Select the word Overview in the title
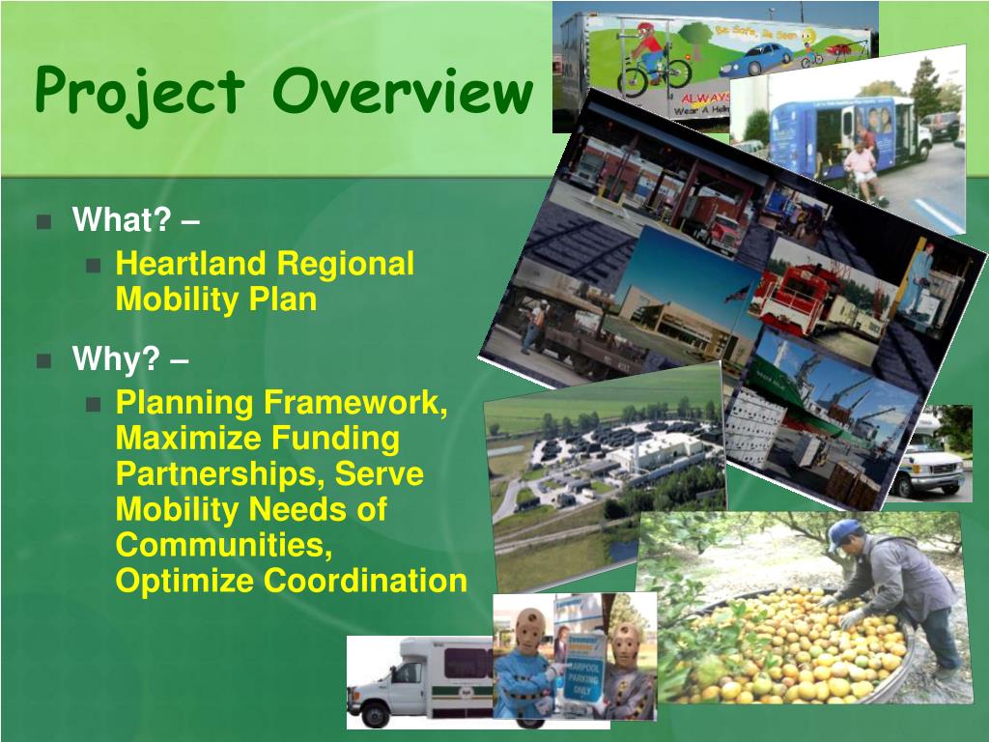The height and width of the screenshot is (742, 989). pyautogui.click(x=403, y=92)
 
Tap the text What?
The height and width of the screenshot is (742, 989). pyautogui.click(x=121, y=220)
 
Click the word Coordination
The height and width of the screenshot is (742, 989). pyautogui.click(x=365, y=582)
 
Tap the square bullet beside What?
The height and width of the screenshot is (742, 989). pyautogui.click(x=43, y=221)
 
